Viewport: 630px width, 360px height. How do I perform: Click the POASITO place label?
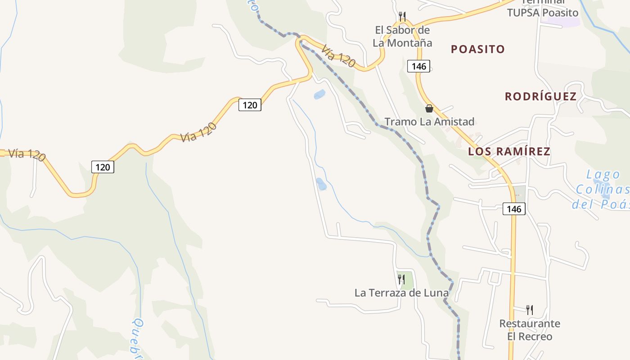(x=478, y=49)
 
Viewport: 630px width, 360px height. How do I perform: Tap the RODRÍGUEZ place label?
(x=540, y=96)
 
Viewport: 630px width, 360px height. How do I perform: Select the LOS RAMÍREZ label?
(x=509, y=151)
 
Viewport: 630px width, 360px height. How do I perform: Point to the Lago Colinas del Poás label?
(x=602, y=189)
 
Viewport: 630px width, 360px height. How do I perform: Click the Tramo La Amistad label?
(x=429, y=121)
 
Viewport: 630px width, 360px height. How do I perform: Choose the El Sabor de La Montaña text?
(x=402, y=36)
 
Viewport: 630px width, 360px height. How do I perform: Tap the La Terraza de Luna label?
(x=401, y=293)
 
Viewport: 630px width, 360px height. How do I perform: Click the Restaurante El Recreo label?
(x=530, y=330)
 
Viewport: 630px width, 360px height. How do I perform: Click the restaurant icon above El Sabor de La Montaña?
(x=402, y=17)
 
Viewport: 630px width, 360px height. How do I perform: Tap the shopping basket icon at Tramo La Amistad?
(x=429, y=108)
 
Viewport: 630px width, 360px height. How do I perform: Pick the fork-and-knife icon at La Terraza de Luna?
(x=401, y=279)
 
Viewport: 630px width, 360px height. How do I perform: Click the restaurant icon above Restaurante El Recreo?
(x=530, y=310)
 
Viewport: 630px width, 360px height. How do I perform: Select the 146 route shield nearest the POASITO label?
(x=418, y=66)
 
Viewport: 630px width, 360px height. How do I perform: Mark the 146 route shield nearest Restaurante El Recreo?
(x=514, y=209)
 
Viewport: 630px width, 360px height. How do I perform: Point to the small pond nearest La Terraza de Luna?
(x=321, y=184)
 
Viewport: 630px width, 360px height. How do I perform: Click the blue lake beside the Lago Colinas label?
(x=603, y=191)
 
